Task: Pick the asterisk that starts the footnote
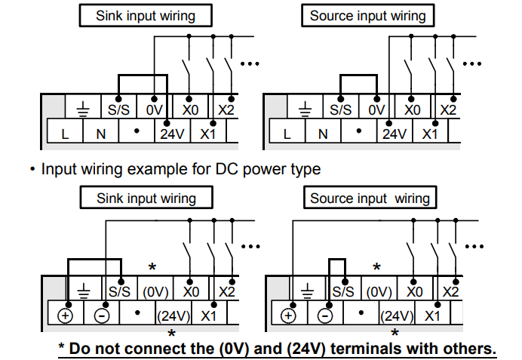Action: pos(61,346)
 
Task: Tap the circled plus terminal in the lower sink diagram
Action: pos(65,315)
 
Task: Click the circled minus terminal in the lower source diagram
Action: pos(325,315)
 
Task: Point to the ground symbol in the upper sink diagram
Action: pos(83,109)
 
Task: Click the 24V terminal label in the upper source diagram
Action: pos(395,134)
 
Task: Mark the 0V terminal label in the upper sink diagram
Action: pos(154,110)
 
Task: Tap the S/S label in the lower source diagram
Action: pos(343,292)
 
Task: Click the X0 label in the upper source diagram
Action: pos(412,110)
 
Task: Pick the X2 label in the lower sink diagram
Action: pos(227,292)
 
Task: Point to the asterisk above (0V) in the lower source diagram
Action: pos(376,266)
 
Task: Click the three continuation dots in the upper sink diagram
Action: pos(250,63)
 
